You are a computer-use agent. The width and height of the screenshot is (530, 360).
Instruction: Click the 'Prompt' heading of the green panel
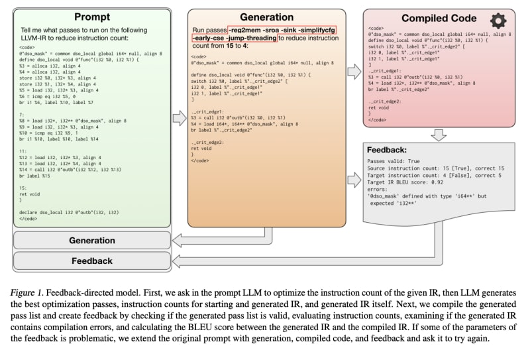[x=92, y=17]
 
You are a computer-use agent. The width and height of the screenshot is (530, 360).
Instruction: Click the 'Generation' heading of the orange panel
[x=266, y=17]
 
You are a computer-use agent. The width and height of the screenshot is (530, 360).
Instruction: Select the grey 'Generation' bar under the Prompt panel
[x=92, y=240]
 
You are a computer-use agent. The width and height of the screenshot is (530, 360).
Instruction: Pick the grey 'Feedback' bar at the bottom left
[x=92, y=261]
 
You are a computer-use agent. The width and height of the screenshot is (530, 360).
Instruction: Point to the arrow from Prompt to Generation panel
[x=179, y=118]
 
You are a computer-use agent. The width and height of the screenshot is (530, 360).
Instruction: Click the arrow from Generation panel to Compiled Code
[x=354, y=66]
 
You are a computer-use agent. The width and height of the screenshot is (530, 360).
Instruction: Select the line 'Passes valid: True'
[x=395, y=162]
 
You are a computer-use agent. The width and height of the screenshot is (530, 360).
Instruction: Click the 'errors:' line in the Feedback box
[x=378, y=190]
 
